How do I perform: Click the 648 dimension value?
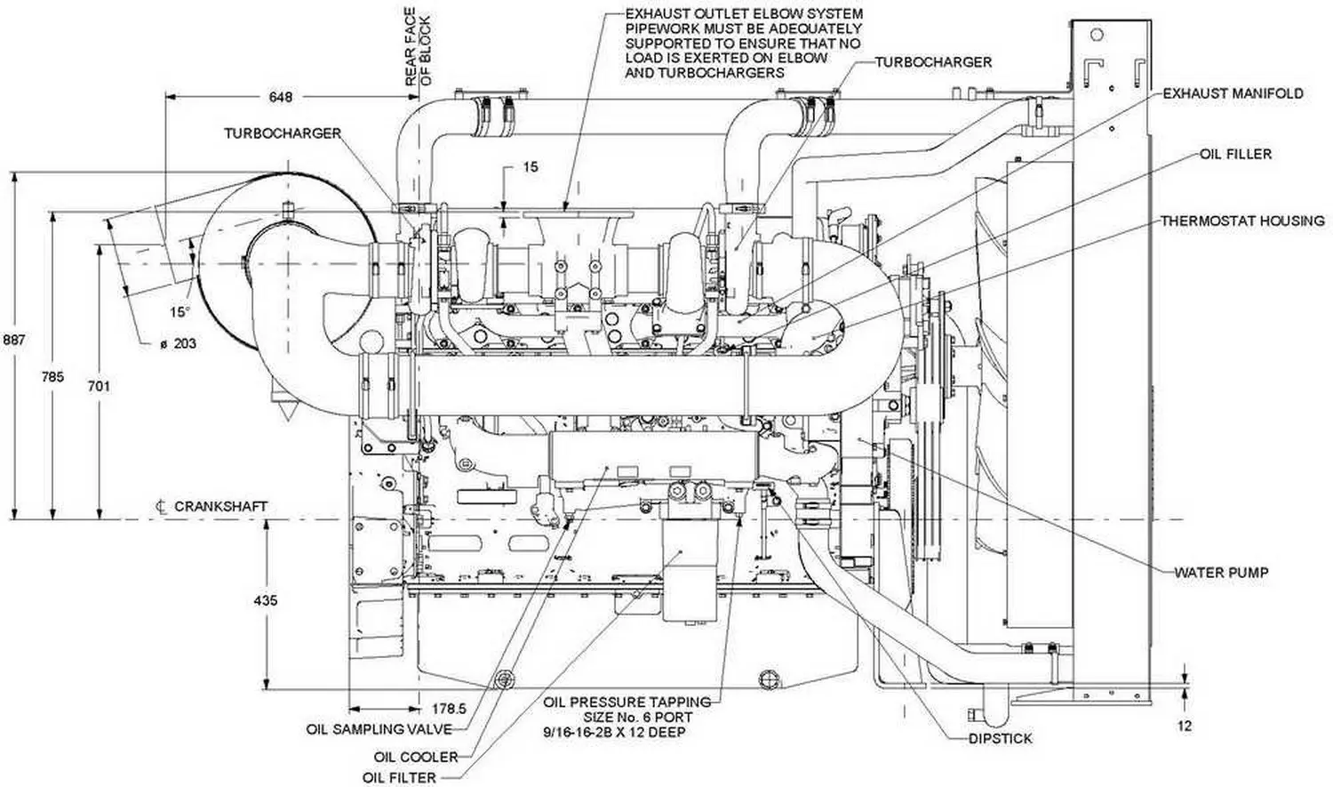pyautogui.click(x=280, y=96)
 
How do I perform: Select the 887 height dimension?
pyautogui.click(x=14, y=340)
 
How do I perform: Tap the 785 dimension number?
pyautogui.click(x=52, y=377)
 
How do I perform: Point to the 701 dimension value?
pyautogui.click(x=99, y=386)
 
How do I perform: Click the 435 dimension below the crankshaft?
pyautogui.click(x=265, y=601)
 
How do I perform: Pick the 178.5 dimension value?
pyautogui.click(x=449, y=709)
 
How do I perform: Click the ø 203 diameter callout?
pyautogui.click(x=178, y=343)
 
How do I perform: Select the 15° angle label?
pyautogui.click(x=180, y=312)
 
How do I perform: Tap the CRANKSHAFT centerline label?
pyautogui.click(x=220, y=506)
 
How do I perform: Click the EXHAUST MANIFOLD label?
pyautogui.click(x=1233, y=93)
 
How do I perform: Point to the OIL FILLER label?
pyautogui.click(x=1235, y=154)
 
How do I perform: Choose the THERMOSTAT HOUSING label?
pyautogui.click(x=1241, y=221)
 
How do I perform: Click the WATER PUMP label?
pyautogui.click(x=1221, y=573)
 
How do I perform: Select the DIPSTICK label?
pyautogui.click(x=1000, y=738)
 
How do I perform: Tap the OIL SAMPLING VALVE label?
pyautogui.click(x=379, y=729)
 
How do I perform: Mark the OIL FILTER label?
pyautogui.click(x=399, y=778)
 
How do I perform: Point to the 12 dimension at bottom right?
pyautogui.click(x=1185, y=726)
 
